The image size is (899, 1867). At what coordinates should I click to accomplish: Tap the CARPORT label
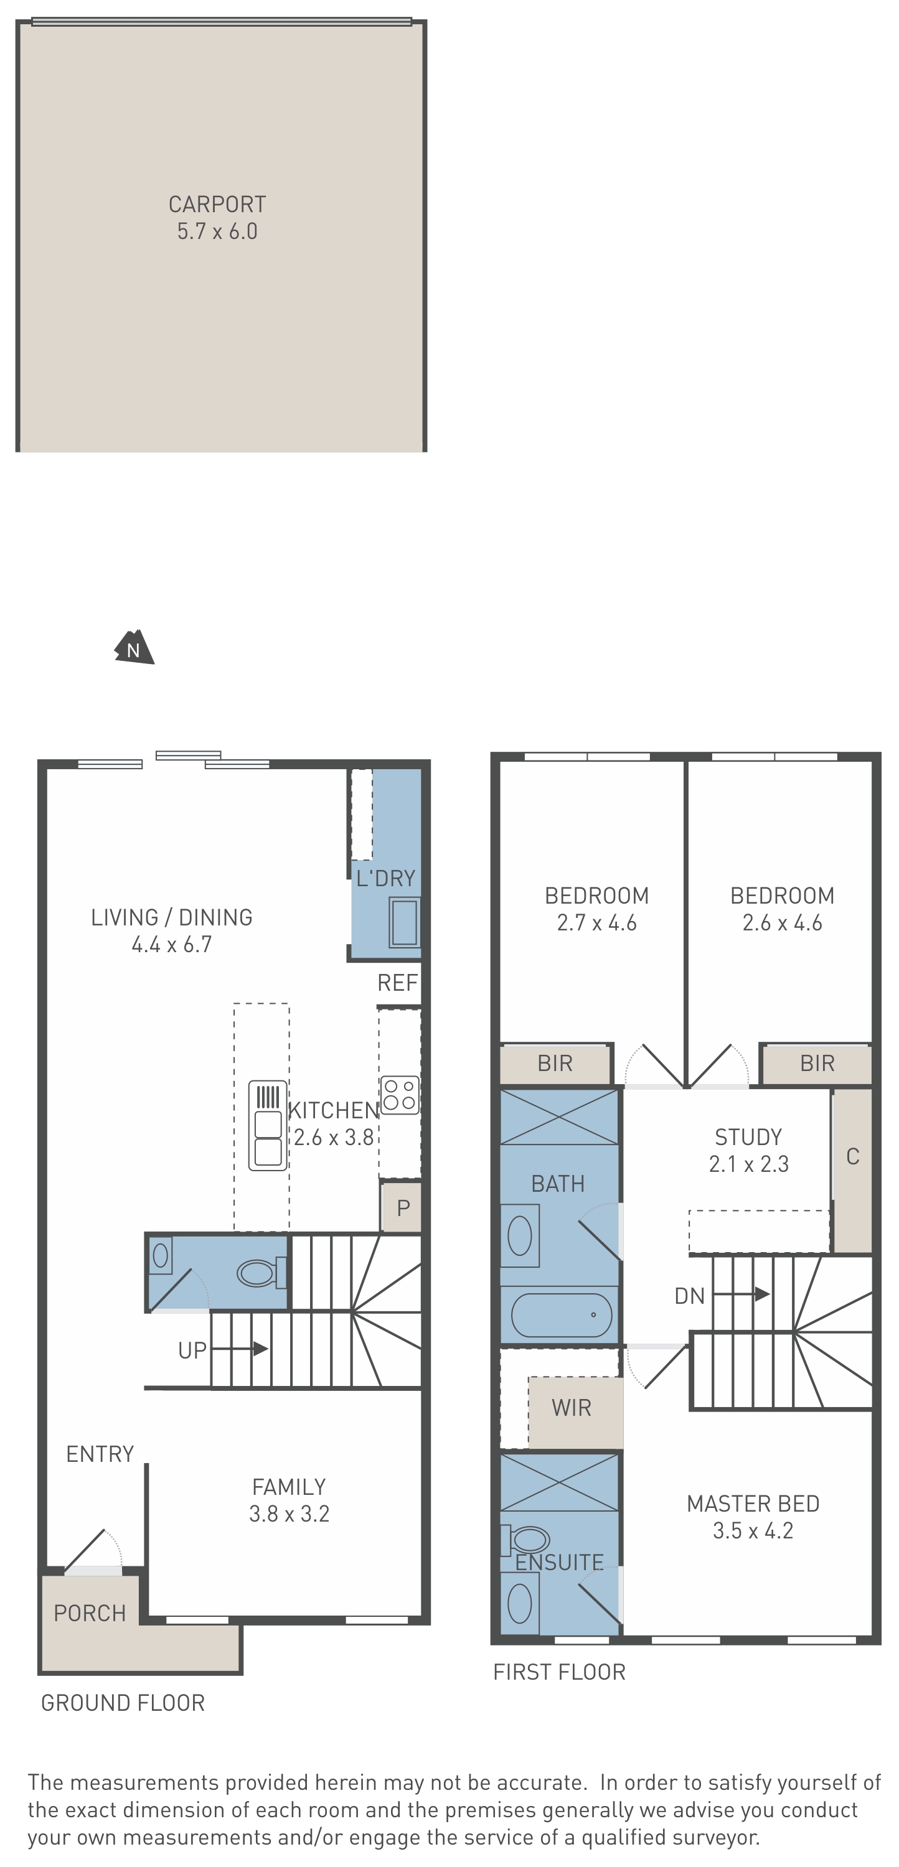[217, 204]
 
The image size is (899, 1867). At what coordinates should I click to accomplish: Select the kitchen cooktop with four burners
[400, 1095]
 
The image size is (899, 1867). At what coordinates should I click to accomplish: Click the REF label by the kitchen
[397, 983]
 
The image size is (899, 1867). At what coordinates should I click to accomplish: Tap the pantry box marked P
[402, 1207]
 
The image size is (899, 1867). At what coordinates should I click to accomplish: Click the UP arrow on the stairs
[240, 1349]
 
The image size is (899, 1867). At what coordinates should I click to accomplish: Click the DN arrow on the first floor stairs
[741, 1294]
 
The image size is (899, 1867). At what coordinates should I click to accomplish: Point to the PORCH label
[90, 1613]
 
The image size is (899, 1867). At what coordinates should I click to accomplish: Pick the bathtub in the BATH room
[562, 1315]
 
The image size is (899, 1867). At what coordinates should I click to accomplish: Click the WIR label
[572, 1408]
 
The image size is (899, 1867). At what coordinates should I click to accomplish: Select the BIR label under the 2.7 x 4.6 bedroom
[555, 1063]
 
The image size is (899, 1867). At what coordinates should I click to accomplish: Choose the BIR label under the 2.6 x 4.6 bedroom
[817, 1063]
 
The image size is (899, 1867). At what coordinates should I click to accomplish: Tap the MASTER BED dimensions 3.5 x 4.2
[753, 1531]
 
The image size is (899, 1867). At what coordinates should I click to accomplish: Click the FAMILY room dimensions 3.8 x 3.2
[289, 1514]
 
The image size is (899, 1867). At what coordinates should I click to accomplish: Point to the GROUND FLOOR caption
[123, 1703]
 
